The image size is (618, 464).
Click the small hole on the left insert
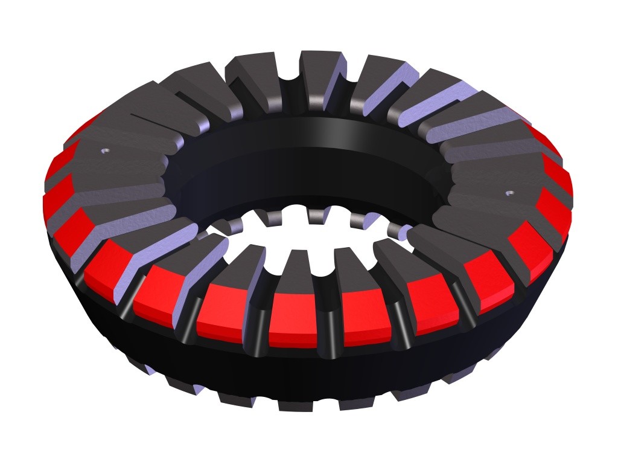(106, 150)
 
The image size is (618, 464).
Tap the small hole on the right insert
(509, 194)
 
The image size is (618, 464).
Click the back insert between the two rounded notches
(320, 76)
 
